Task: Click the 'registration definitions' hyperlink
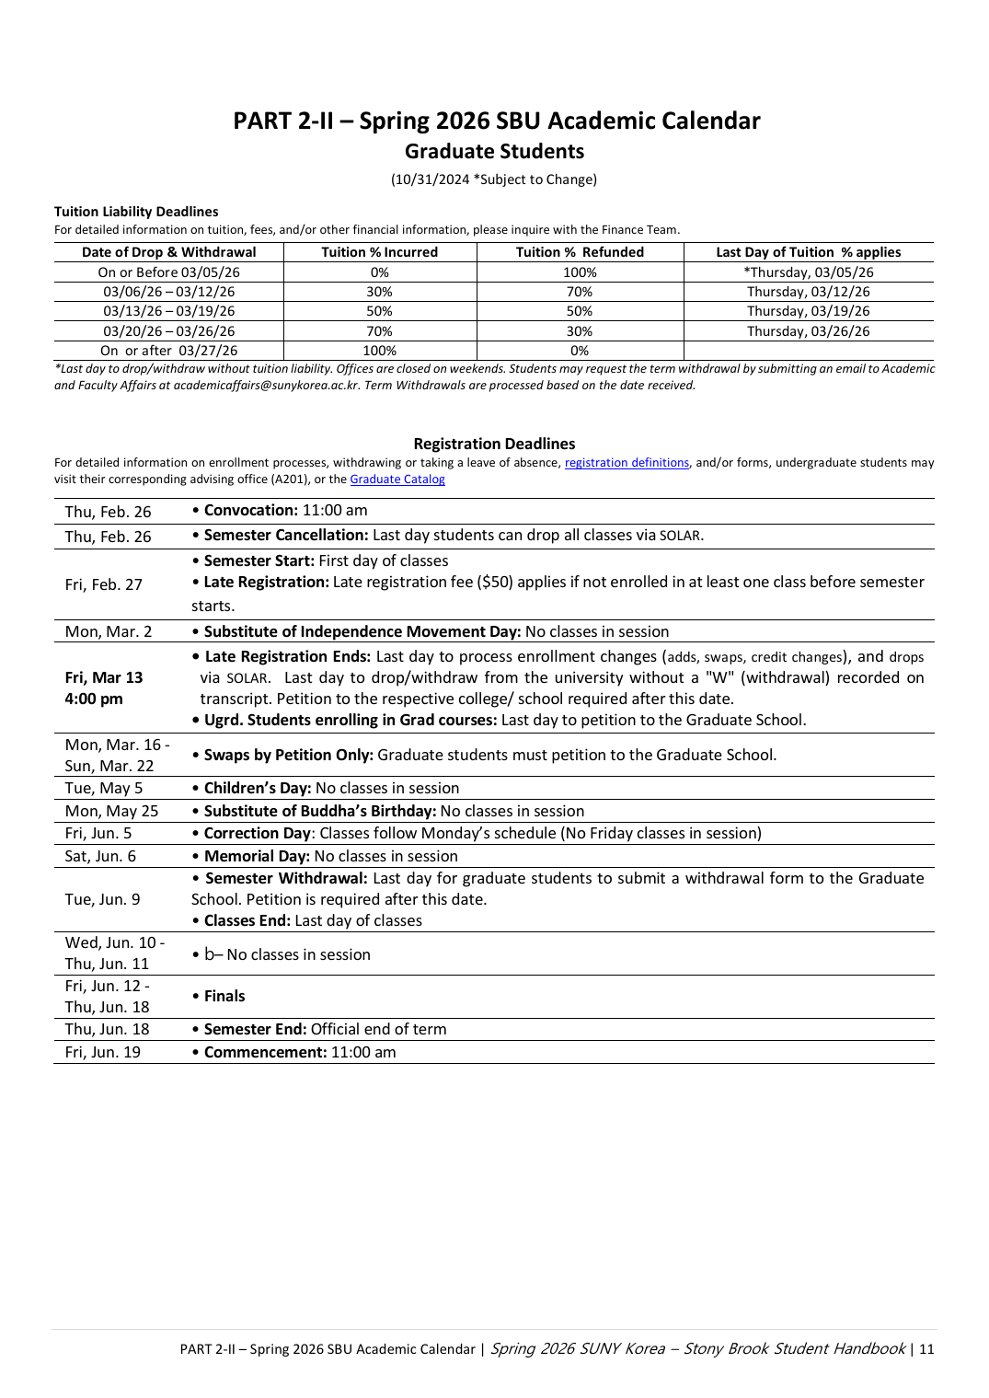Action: (627, 463)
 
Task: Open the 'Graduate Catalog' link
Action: (397, 479)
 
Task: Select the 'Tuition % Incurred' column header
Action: (379, 252)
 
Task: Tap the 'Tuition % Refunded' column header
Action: (580, 252)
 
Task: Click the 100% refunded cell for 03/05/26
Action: (580, 272)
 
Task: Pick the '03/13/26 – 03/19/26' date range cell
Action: (168, 311)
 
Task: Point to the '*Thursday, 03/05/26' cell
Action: (808, 272)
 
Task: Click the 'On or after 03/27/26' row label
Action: (168, 351)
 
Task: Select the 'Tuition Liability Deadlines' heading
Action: (136, 212)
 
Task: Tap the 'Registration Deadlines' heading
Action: (494, 444)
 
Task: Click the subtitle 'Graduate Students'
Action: (494, 152)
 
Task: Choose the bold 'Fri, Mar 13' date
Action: (104, 677)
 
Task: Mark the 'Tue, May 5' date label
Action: (104, 788)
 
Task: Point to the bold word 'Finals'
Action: (224, 996)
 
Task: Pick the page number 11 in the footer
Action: (926, 1349)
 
